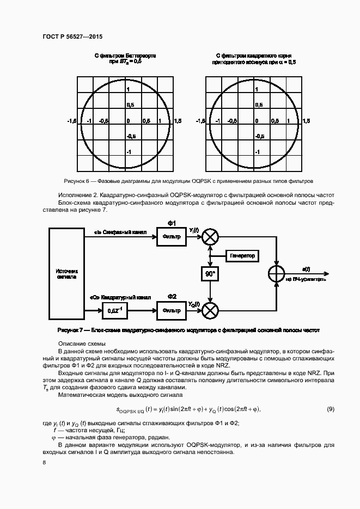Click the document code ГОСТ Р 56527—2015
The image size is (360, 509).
click(x=72, y=36)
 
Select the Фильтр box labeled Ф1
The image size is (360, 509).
click(x=171, y=237)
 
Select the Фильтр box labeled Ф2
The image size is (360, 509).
click(x=171, y=311)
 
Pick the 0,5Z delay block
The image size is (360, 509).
click(x=114, y=311)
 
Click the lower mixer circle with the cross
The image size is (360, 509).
click(x=210, y=311)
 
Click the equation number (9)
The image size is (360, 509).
click(x=330, y=409)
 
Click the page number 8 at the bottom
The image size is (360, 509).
click(x=44, y=462)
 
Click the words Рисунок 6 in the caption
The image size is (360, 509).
click(x=76, y=181)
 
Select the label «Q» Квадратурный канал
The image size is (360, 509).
click(x=117, y=298)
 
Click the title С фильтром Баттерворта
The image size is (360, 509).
click(x=125, y=56)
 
